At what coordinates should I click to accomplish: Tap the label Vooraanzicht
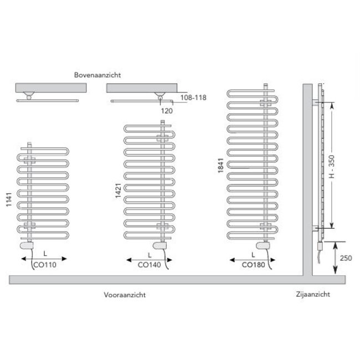pyautogui.click(x=125, y=295)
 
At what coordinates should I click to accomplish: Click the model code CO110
pyautogui.click(x=44, y=265)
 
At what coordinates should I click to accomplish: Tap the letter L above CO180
pyautogui.click(x=252, y=255)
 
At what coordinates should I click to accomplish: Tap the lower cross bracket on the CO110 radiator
pyautogui.click(x=29, y=228)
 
